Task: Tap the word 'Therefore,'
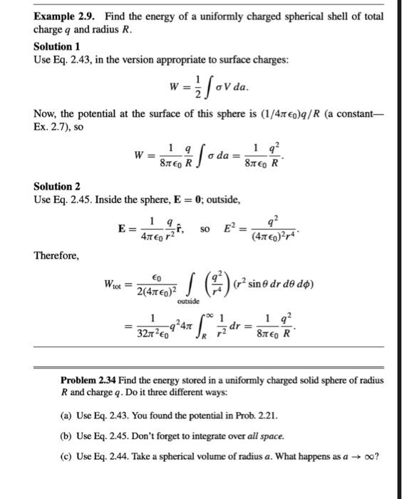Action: (x=57, y=255)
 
